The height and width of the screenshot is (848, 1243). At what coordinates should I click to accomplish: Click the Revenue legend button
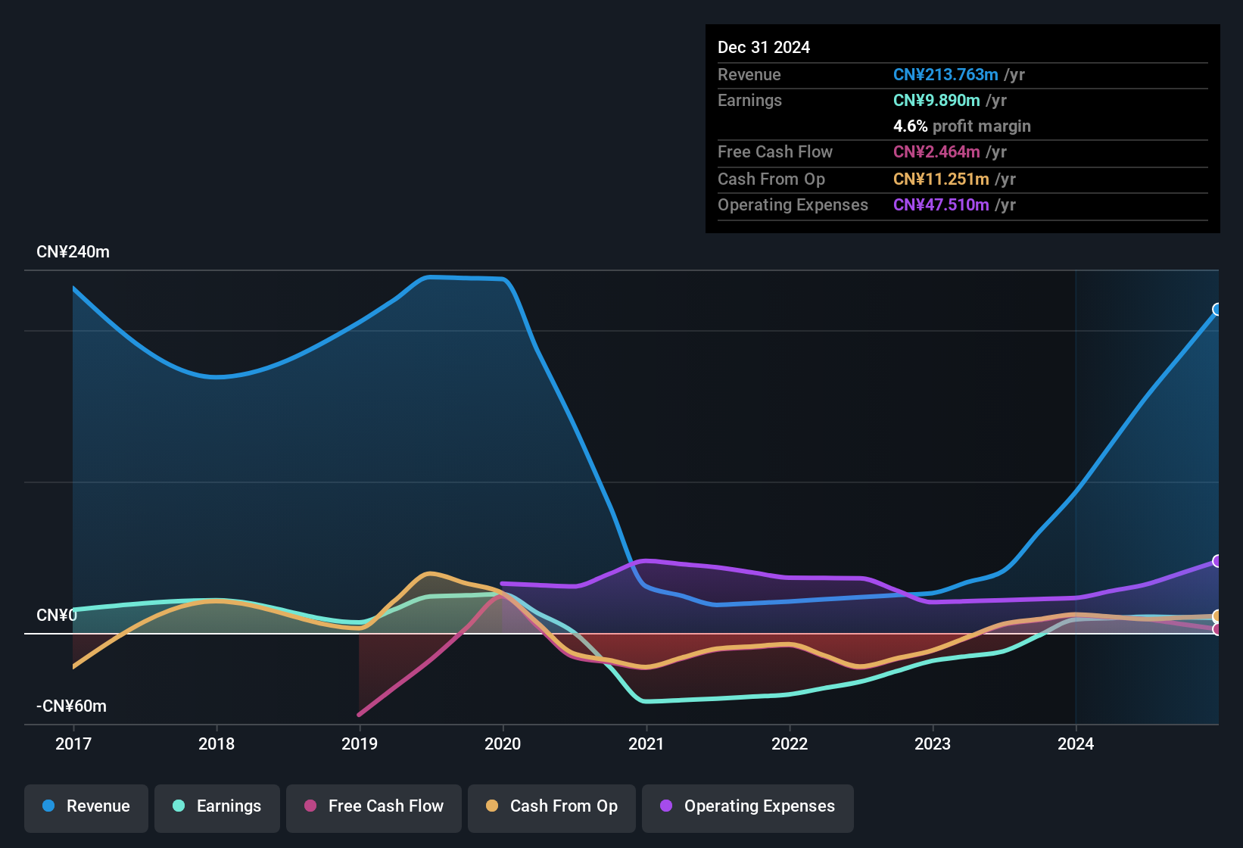pos(86,806)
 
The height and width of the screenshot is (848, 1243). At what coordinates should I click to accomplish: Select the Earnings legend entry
pos(217,806)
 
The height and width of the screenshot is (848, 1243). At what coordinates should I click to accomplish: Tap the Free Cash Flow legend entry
pos(374,806)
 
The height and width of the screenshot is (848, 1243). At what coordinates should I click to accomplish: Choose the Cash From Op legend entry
pos(552,806)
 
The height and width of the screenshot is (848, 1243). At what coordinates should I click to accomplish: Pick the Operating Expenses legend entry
pos(748,806)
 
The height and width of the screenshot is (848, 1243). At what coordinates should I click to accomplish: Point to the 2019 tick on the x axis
pos(360,744)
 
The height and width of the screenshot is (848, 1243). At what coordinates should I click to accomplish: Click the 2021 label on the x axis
pos(646,744)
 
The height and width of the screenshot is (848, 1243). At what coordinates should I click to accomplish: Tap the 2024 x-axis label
pos(1076,744)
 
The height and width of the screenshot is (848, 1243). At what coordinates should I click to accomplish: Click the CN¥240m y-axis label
pos(73,252)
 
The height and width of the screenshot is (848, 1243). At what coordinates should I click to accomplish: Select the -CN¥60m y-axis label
pos(71,706)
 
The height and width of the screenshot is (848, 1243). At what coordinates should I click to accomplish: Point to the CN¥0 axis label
pos(57,616)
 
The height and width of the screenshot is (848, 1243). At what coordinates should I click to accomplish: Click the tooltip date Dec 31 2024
pos(764,48)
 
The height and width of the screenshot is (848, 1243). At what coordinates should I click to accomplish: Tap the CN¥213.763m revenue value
pos(945,75)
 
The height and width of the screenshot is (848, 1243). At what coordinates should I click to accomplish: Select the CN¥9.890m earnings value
pos(936,101)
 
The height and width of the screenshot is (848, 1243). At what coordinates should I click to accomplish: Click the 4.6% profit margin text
pos(961,126)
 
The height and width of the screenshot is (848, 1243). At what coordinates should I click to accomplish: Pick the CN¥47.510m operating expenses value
pos(941,205)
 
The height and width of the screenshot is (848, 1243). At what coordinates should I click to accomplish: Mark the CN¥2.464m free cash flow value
pos(936,152)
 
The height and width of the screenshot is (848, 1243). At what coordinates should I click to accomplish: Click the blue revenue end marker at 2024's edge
pos(1217,309)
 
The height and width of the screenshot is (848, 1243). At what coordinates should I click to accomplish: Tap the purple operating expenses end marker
pos(1217,561)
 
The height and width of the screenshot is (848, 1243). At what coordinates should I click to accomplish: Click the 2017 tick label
pos(73,744)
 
